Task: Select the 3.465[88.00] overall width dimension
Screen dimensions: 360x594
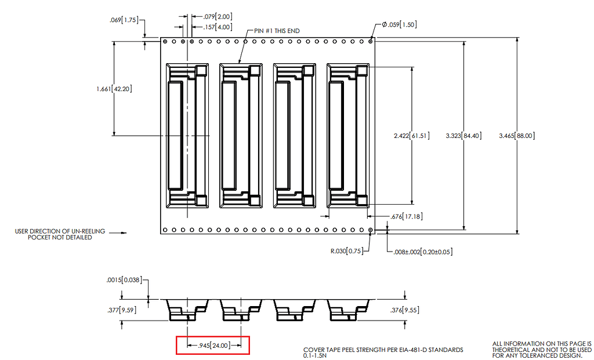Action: [516, 136]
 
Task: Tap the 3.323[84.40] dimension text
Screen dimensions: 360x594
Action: [462, 136]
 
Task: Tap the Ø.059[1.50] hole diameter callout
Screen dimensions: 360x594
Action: [399, 24]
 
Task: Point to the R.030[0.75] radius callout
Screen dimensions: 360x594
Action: [346, 252]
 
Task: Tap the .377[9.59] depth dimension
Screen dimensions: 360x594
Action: [122, 310]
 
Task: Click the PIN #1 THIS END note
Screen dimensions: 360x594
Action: [277, 30]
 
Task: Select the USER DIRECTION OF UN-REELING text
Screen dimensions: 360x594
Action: [60, 231]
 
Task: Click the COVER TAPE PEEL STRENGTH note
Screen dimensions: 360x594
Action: [383, 350]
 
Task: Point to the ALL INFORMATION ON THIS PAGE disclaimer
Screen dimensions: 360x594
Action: [541, 350]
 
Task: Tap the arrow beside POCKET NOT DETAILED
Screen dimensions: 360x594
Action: [118, 234]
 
